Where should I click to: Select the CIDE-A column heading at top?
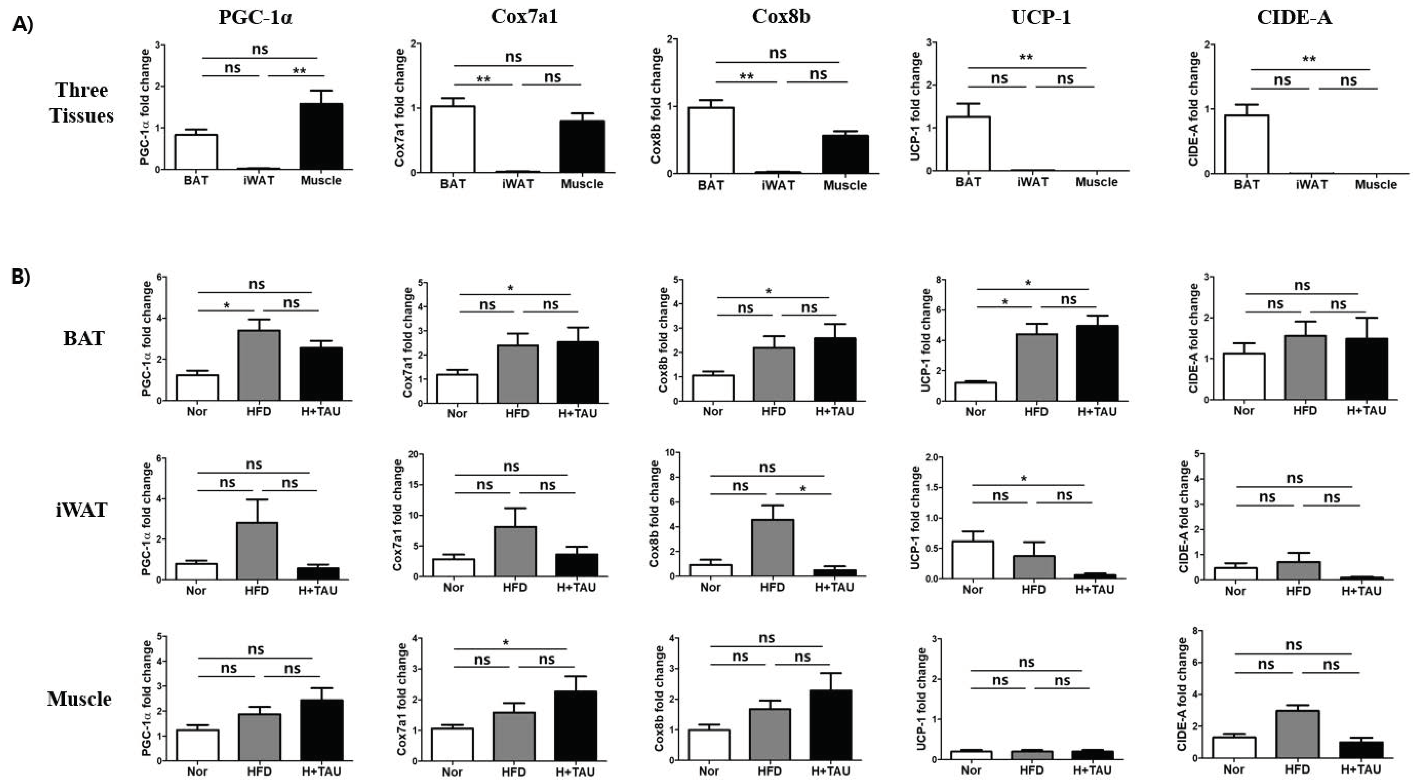[1294, 18]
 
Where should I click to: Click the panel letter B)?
[21, 277]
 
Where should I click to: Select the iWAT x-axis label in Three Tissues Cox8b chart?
[778, 185]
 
